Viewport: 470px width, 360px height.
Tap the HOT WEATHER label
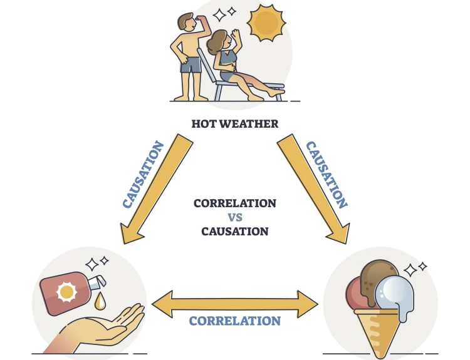click(x=235, y=124)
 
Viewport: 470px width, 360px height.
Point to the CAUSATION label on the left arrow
click(x=144, y=175)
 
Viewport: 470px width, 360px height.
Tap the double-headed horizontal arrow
click(x=235, y=303)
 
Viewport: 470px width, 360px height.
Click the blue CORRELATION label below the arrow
click(x=235, y=321)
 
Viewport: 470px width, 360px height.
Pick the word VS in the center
click(x=235, y=217)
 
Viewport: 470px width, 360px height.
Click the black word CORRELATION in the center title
click(x=235, y=203)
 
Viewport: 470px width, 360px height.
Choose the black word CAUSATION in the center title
click(x=235, y=232)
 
